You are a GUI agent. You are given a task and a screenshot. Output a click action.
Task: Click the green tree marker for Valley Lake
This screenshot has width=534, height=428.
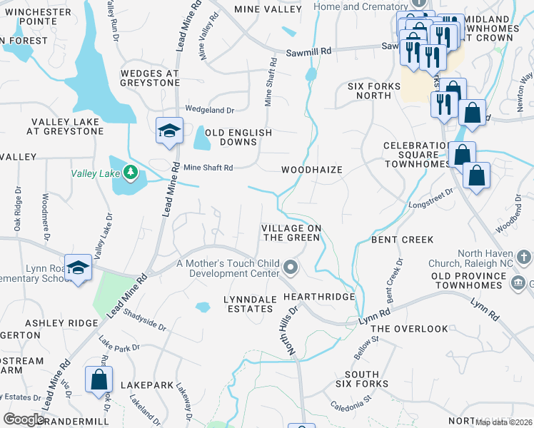pos(130,172)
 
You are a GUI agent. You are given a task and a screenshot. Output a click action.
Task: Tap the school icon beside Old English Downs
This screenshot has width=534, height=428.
pos(168,131)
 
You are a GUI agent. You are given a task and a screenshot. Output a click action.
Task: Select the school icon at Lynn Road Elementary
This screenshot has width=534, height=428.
pos(79,268)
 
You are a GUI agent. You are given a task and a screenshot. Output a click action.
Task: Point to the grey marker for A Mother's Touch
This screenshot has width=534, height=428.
pos(290,267)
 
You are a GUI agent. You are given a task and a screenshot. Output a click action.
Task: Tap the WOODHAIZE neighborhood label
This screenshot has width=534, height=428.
pos(311,170)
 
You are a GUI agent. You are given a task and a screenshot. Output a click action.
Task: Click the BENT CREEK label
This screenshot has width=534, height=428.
pos(403,240)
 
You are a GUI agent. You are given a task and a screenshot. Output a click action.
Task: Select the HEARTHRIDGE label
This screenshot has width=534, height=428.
pos(319,296)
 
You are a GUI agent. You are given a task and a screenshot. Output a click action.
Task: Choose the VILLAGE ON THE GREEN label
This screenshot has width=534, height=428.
pos(291,233)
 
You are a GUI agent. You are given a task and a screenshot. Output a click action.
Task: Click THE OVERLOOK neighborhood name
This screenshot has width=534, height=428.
pos(409,329)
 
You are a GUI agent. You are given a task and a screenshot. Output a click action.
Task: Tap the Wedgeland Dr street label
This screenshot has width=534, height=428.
pos(210,110)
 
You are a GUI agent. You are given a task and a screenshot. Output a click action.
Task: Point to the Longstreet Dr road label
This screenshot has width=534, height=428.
pos(430,198)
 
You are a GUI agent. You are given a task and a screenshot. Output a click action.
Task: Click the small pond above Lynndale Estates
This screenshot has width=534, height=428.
pos(203,307)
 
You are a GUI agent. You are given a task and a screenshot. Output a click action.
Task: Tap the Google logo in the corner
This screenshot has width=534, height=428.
pos(24,419)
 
